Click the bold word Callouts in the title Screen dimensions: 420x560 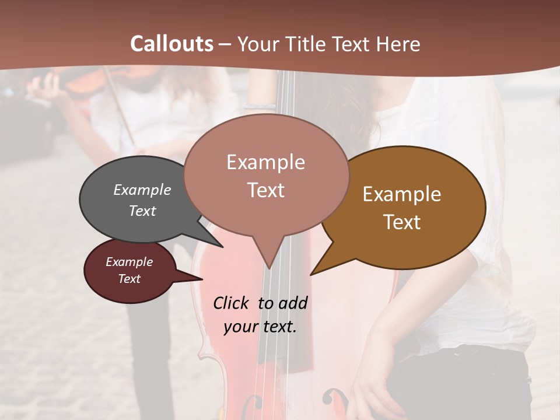pos(171,44)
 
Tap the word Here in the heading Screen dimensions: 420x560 pos(397,44)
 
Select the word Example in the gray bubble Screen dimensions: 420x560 pos(142,190)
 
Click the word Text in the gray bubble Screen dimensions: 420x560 pos(142,211)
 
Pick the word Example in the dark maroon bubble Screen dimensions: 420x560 pos(129,262)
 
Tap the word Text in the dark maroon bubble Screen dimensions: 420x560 pos(129,279)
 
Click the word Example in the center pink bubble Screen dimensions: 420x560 pos(265,162)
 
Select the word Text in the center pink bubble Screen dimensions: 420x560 pos(265,190)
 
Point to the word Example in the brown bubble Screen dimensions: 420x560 pos(402,194)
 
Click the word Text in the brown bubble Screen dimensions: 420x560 pos(402,222)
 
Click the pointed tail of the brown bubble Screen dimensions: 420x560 pos(313,272)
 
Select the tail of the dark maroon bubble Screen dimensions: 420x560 pos(198,278)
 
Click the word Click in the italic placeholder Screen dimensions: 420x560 pos(233,303)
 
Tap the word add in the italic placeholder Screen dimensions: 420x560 pos(293,303)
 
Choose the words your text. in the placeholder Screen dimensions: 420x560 pos(260,327)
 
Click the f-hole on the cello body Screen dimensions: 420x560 pos(337,400)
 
